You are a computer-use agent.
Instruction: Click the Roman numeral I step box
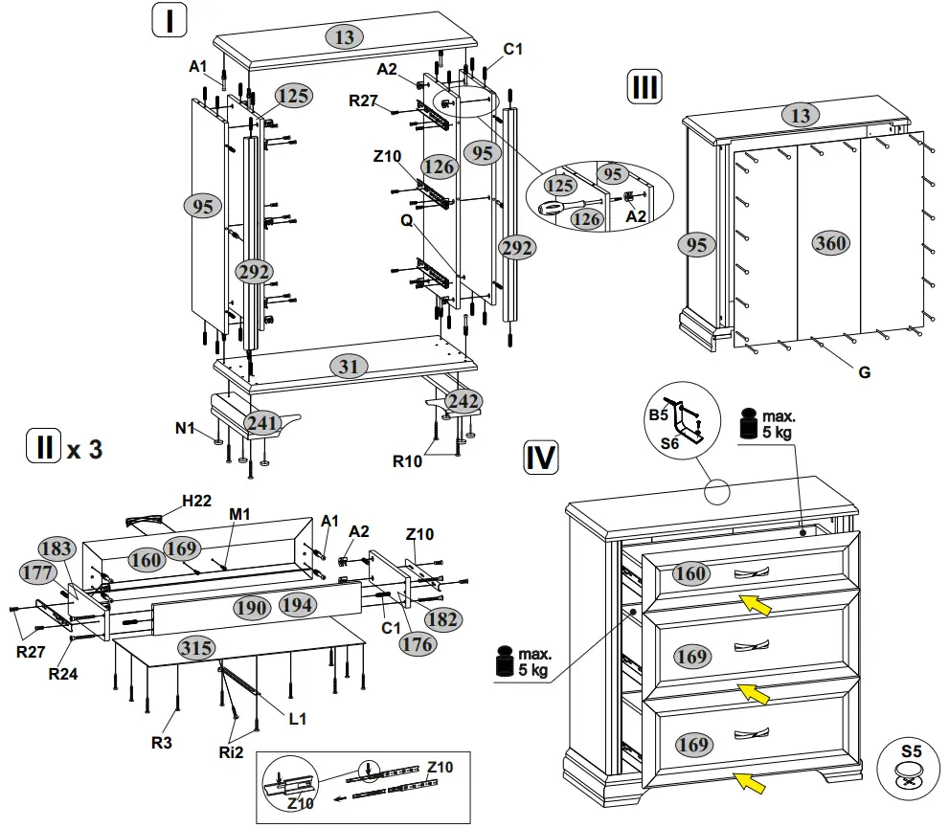click(169, 20)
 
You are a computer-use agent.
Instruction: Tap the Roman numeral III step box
click(644, 87)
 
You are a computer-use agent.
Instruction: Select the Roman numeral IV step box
click(541, 459)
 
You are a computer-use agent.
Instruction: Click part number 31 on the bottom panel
click(347, 367)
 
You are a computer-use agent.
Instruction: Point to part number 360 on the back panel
click(830, 243)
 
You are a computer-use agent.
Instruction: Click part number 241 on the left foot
click(260, 421)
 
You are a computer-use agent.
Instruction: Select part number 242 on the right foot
click(464, 401)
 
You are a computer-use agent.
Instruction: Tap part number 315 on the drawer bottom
click(196, 648)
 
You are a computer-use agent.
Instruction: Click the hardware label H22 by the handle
click(196, 502)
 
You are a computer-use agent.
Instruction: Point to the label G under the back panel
click(864, 372)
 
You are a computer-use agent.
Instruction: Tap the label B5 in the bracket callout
click(658, 414)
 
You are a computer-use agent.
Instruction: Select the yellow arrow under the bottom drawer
click(755, 785)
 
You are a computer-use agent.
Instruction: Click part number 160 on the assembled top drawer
click(690, 574)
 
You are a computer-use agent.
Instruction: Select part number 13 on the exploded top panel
click(345, 37)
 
